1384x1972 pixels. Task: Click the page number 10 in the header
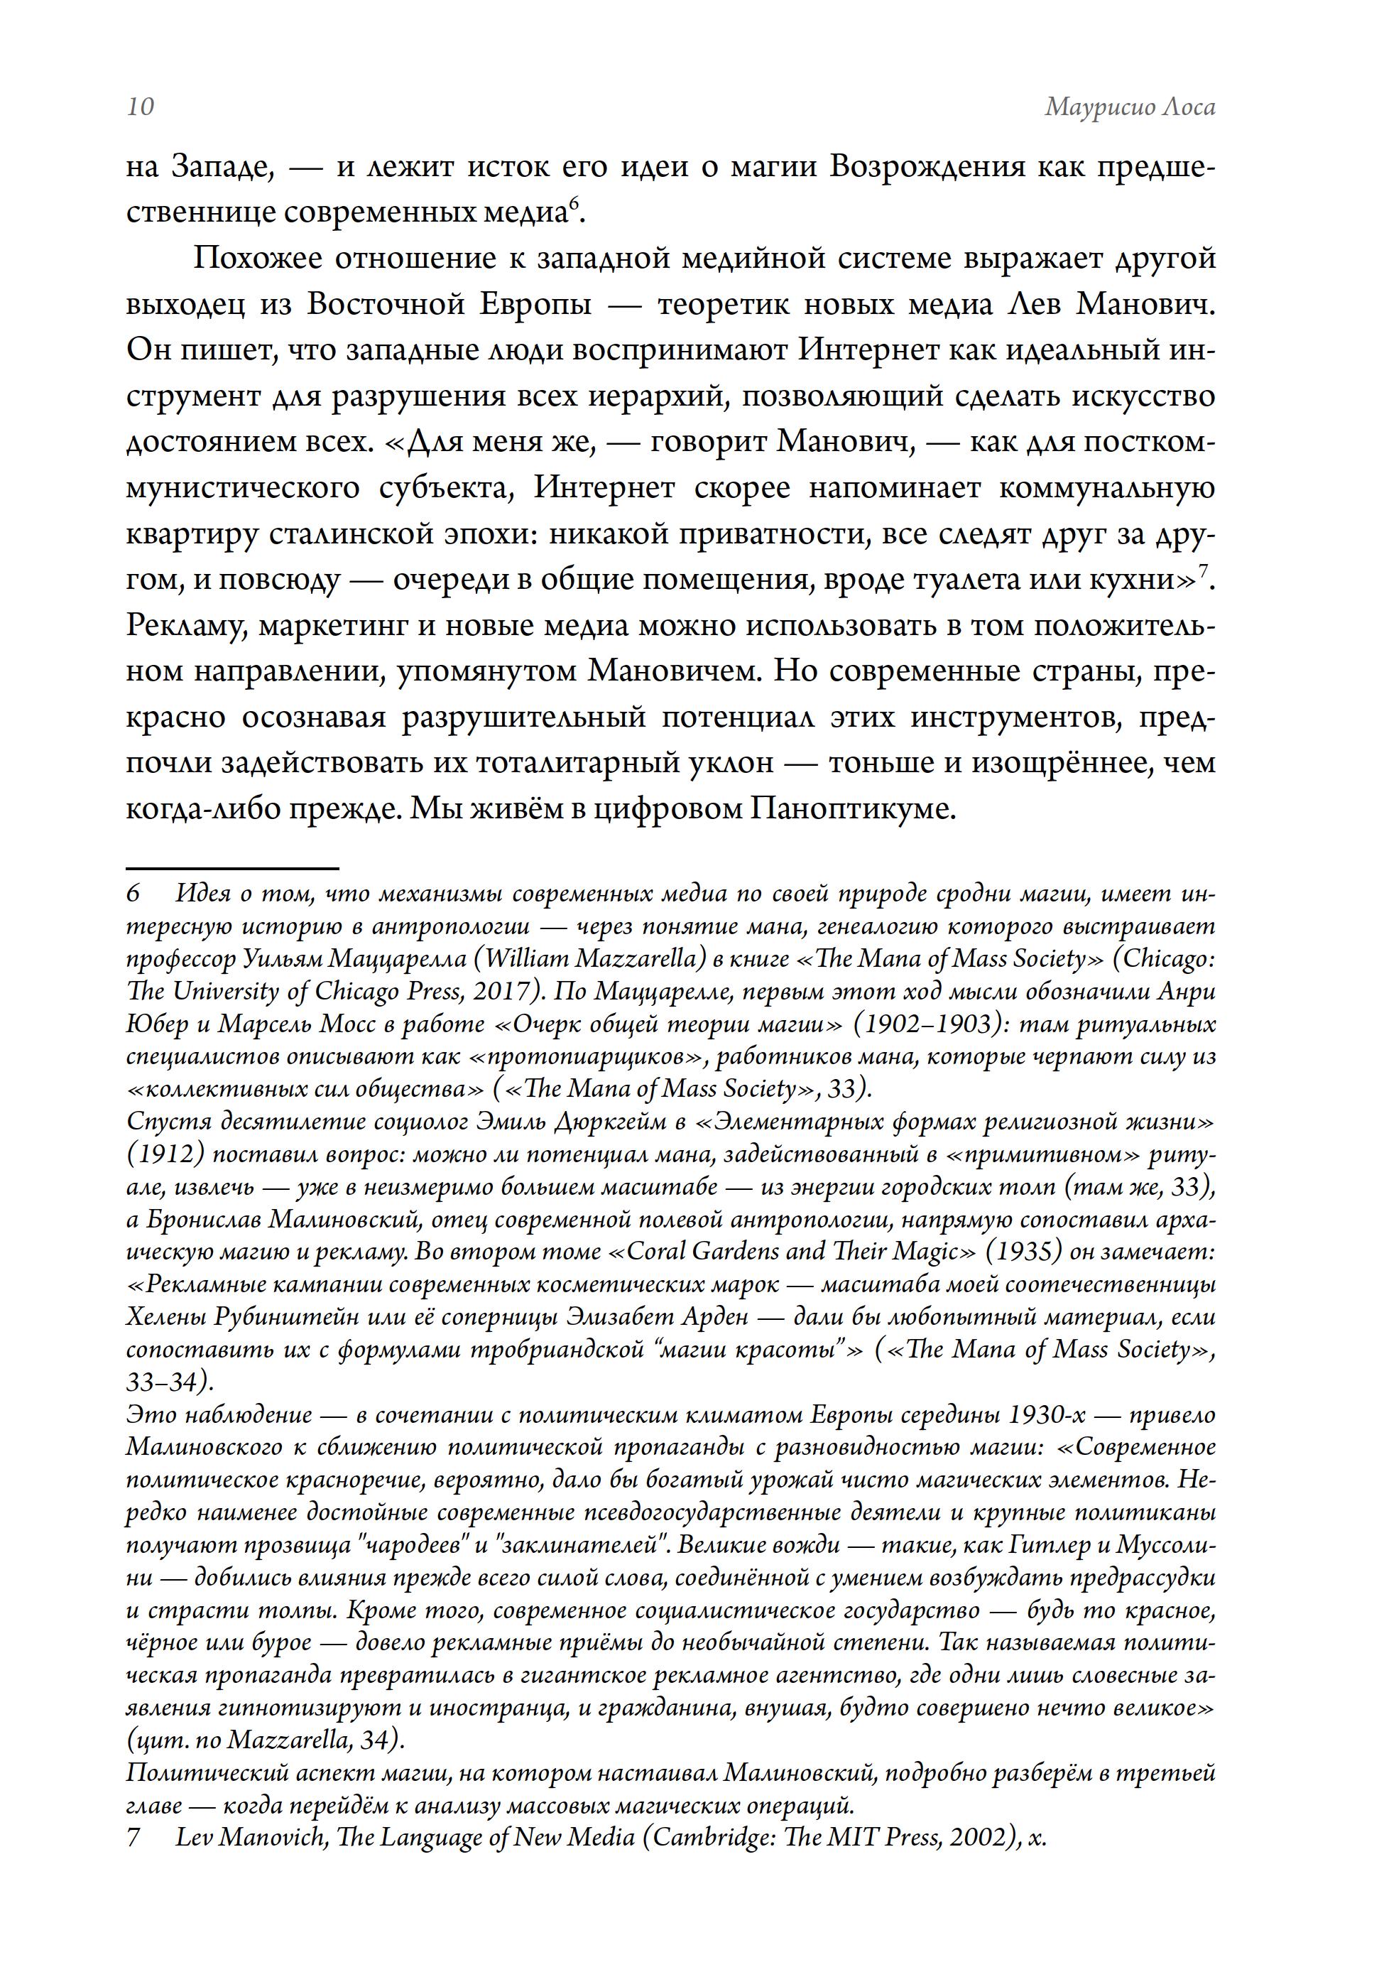point(140,107)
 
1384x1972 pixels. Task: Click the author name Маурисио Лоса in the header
point(1129,107)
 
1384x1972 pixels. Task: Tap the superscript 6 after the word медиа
point(574,202)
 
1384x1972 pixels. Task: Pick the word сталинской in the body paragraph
point(356,534)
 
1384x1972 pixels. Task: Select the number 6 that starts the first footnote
point(133,894)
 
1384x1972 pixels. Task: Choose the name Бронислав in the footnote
point(202,1220)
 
